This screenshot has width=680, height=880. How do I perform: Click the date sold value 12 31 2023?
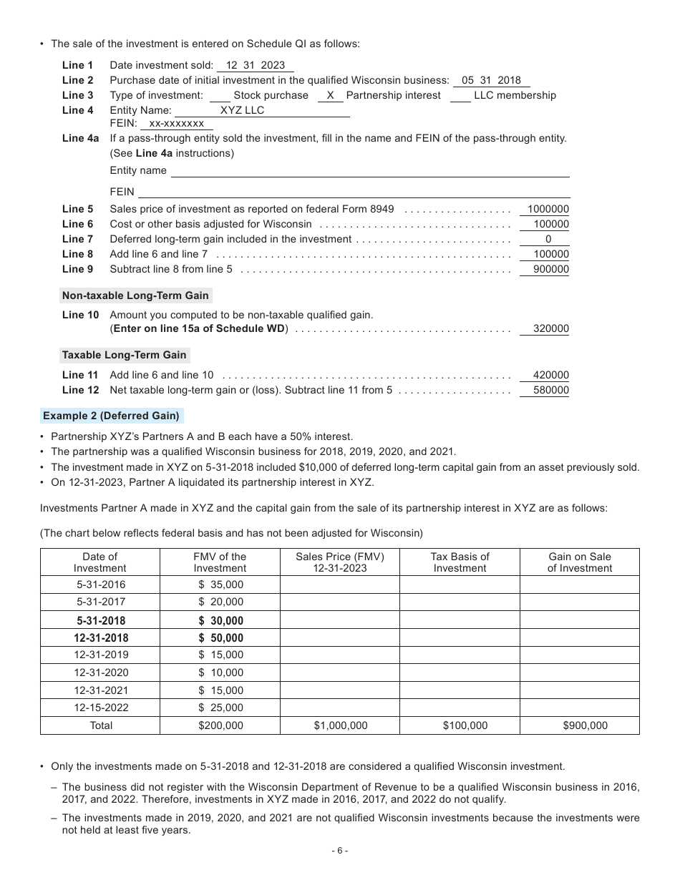click(x=255, y=65)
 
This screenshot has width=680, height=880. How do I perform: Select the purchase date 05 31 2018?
click(x=491, y=80)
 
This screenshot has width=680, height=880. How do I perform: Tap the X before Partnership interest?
click(x=330, y=95)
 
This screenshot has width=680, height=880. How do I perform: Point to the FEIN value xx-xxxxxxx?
click(x=176, y=124)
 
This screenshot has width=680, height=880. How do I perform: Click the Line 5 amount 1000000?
click(x=548, y=210)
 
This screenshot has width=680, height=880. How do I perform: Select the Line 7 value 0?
click(x=548, y=239)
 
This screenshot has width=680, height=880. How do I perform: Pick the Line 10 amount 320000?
click(x=551, y=329)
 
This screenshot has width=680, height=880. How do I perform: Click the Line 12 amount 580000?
click(x=551, y=391)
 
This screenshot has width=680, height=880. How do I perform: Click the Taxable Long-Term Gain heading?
click(x=124, y=355)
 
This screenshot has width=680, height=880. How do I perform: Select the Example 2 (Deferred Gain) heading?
click(x=111, y=416)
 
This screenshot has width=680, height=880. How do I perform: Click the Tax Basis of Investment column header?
click(x=460, y=562)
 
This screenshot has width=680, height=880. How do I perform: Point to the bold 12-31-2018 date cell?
click(x=99, y=638)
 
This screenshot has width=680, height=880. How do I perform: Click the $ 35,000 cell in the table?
click(x=220, y=585)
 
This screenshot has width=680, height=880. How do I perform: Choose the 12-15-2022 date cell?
click(x=99, y=708)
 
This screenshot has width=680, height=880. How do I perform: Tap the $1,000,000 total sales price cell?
click(x=340, y=725)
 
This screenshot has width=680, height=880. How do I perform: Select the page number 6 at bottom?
click(x=340, y=851)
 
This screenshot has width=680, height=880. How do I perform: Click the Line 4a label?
click(x=80, y=138)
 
